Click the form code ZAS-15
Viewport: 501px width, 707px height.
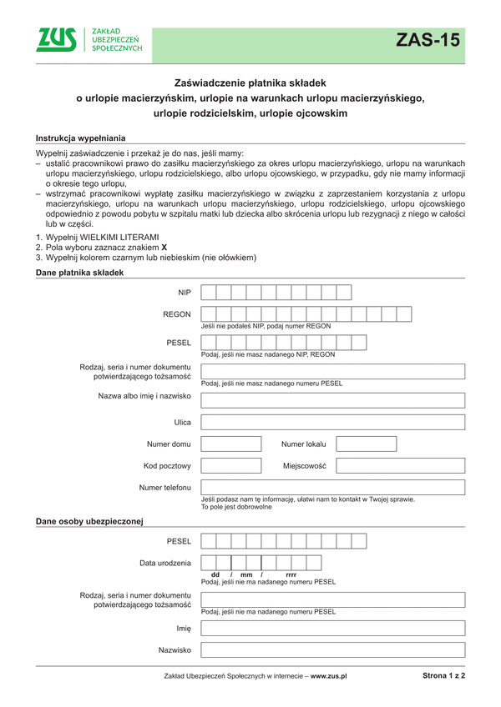tap(428, 40)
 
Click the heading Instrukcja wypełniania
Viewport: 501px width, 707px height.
tap(82, 138)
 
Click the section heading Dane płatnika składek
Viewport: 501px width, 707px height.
tap(80, 273)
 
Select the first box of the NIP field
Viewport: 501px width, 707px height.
tap(209, 292)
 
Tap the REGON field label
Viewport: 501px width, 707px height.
tap(176, 315)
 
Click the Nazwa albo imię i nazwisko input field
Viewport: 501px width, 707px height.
tap(332, 400)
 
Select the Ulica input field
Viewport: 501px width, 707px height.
tap(332, 423)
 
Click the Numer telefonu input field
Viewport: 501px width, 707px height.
tap(332, 488)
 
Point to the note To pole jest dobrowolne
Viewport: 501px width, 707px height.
tap(237, 506)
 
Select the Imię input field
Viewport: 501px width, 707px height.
tap(332, 628)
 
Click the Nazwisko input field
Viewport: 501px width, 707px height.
tap(332, 649)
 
